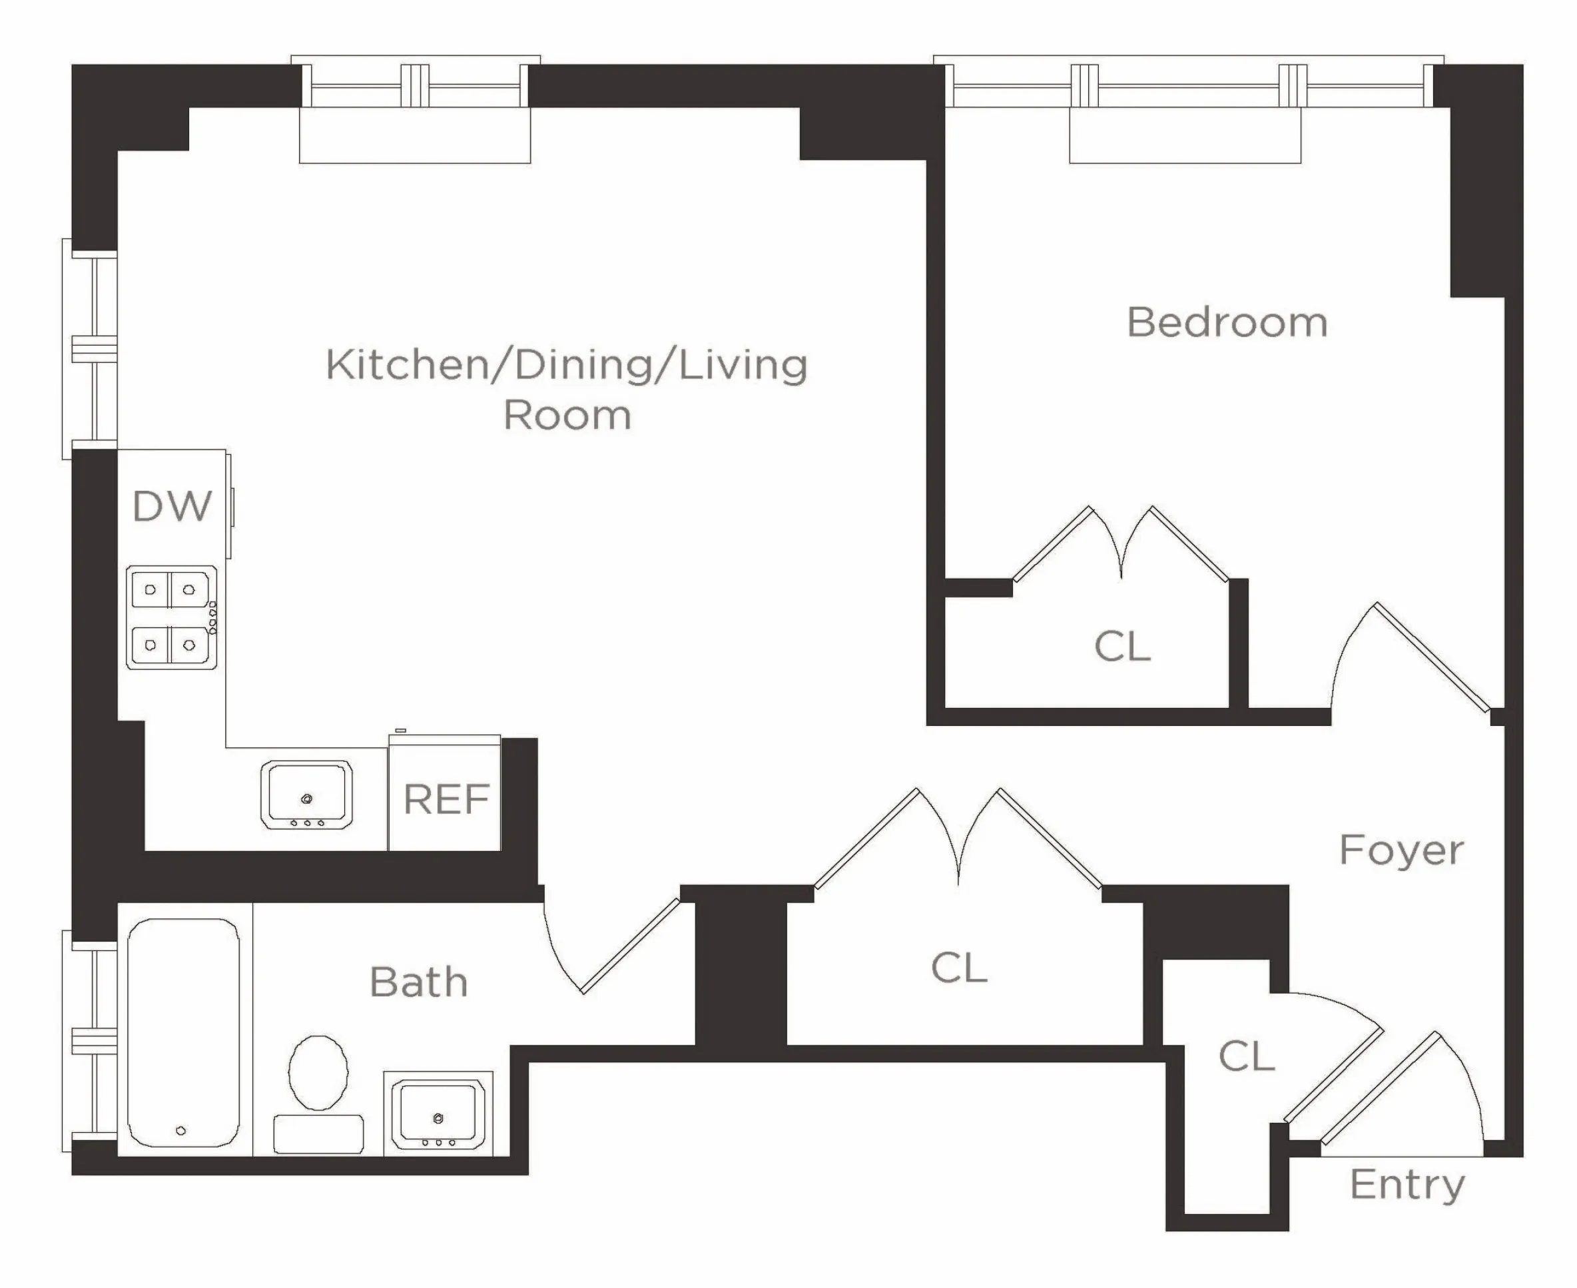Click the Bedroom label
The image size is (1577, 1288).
click(1227, 323)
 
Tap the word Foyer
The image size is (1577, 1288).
click(1401, 850)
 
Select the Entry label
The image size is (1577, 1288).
click(1407, 1185)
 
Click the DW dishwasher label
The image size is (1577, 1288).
click(172, 507)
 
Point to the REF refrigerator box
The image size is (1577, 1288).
click(445, 799)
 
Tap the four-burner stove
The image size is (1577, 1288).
click(171, 618)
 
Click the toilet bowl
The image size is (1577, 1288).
click(318, 1073)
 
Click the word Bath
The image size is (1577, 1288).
click(418, 982)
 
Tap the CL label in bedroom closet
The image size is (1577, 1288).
click(1122, 647)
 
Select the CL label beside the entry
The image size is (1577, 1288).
click(1246, 1056)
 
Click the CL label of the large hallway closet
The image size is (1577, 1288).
click(959, 968)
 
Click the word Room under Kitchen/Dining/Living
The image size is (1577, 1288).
click(567, 416)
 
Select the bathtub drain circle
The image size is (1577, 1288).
click(181, 1131)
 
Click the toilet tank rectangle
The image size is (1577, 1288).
click(318, 1134)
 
